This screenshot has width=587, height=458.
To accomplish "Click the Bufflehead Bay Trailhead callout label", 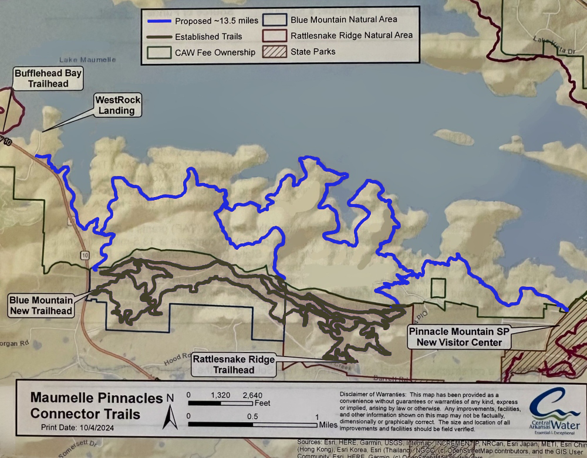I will pyautogui.click(x=48, y=78).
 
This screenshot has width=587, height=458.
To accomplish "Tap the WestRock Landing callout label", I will pyautogui.click(x=116, y=106).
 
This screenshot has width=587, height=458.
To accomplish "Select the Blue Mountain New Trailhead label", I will pyautogui.click(x=41, y=306).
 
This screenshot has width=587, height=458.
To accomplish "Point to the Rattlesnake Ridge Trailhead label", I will pyautogui.click(x=234, y=365).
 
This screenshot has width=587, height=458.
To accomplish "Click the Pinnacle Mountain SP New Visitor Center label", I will pyautogui.click(x=455, y=337).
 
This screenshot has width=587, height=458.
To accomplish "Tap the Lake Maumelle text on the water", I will pyautogui.click(x=88, y=60).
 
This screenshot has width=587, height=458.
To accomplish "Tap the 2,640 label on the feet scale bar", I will pyautogui.click(x=252, y=395).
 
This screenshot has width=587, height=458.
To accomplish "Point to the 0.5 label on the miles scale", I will pyautogui.click(x=253, y=416).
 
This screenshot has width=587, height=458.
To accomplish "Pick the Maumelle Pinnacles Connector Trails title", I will pyautogui.click(x=96, y=406).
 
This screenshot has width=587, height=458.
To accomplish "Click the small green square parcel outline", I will pyautogui.click(x=438, y=288).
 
